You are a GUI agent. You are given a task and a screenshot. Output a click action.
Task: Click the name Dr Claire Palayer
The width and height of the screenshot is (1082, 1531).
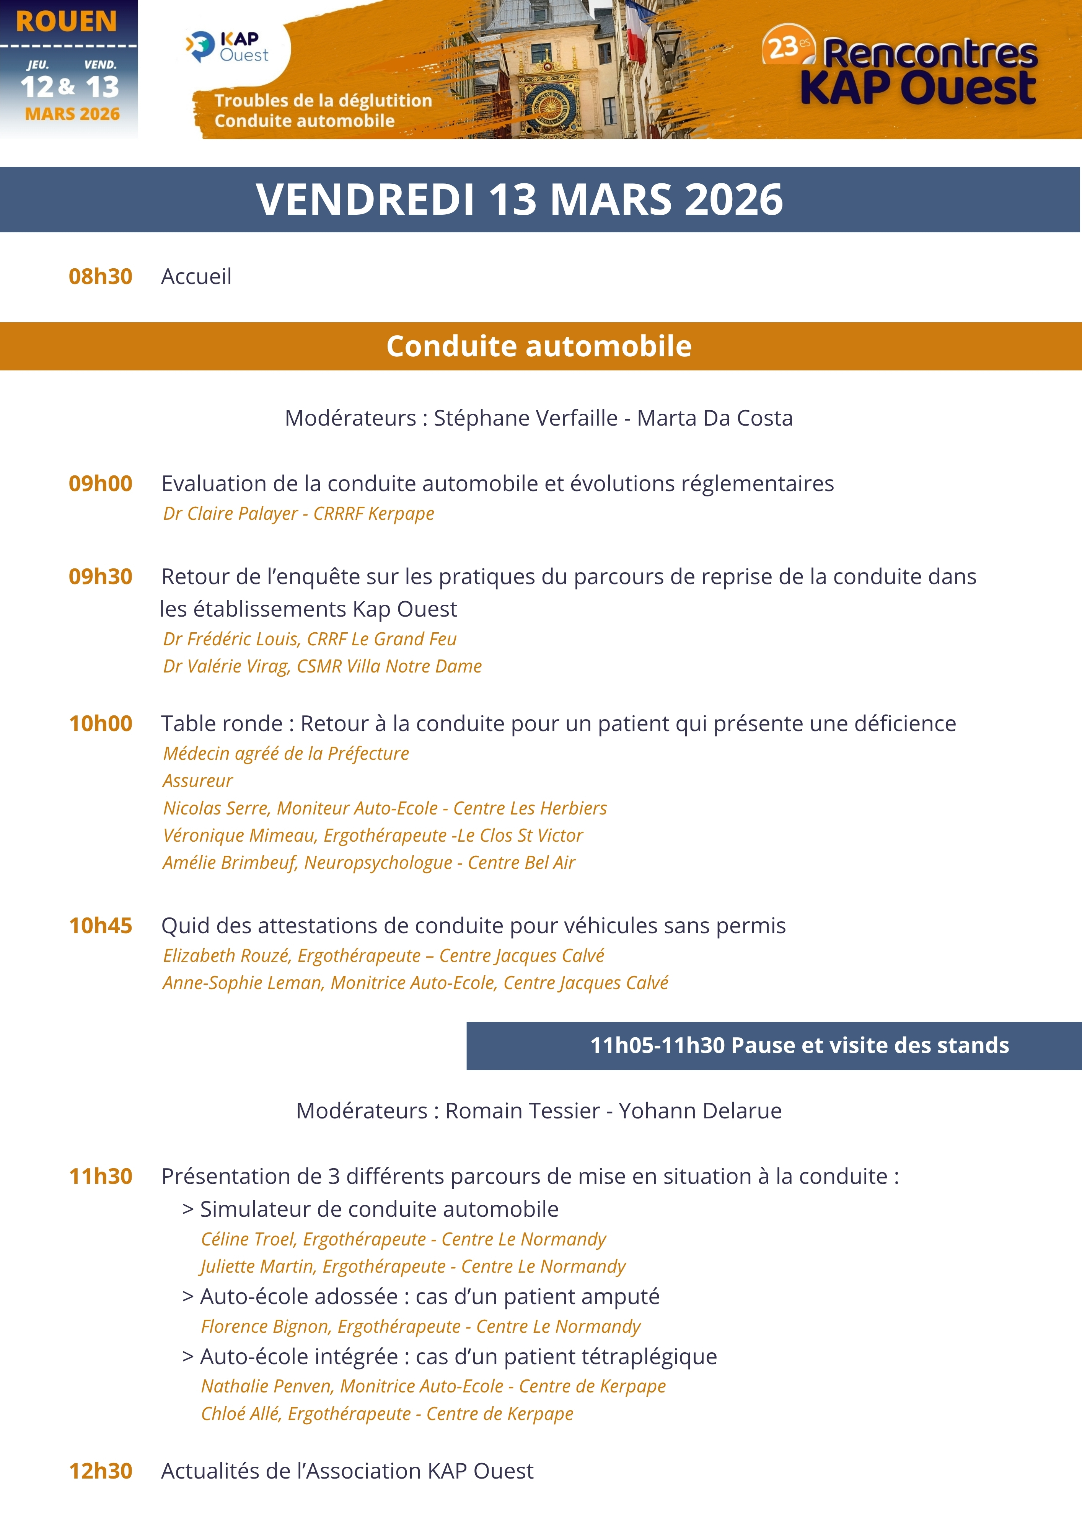[230, 513]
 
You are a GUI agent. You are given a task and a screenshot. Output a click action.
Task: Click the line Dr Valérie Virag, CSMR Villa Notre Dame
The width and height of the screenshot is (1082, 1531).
[322, 666]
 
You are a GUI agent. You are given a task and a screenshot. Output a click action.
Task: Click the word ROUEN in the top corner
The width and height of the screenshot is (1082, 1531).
[66, 22]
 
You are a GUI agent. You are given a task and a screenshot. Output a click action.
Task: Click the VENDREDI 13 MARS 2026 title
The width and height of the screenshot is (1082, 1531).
[519, 199]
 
